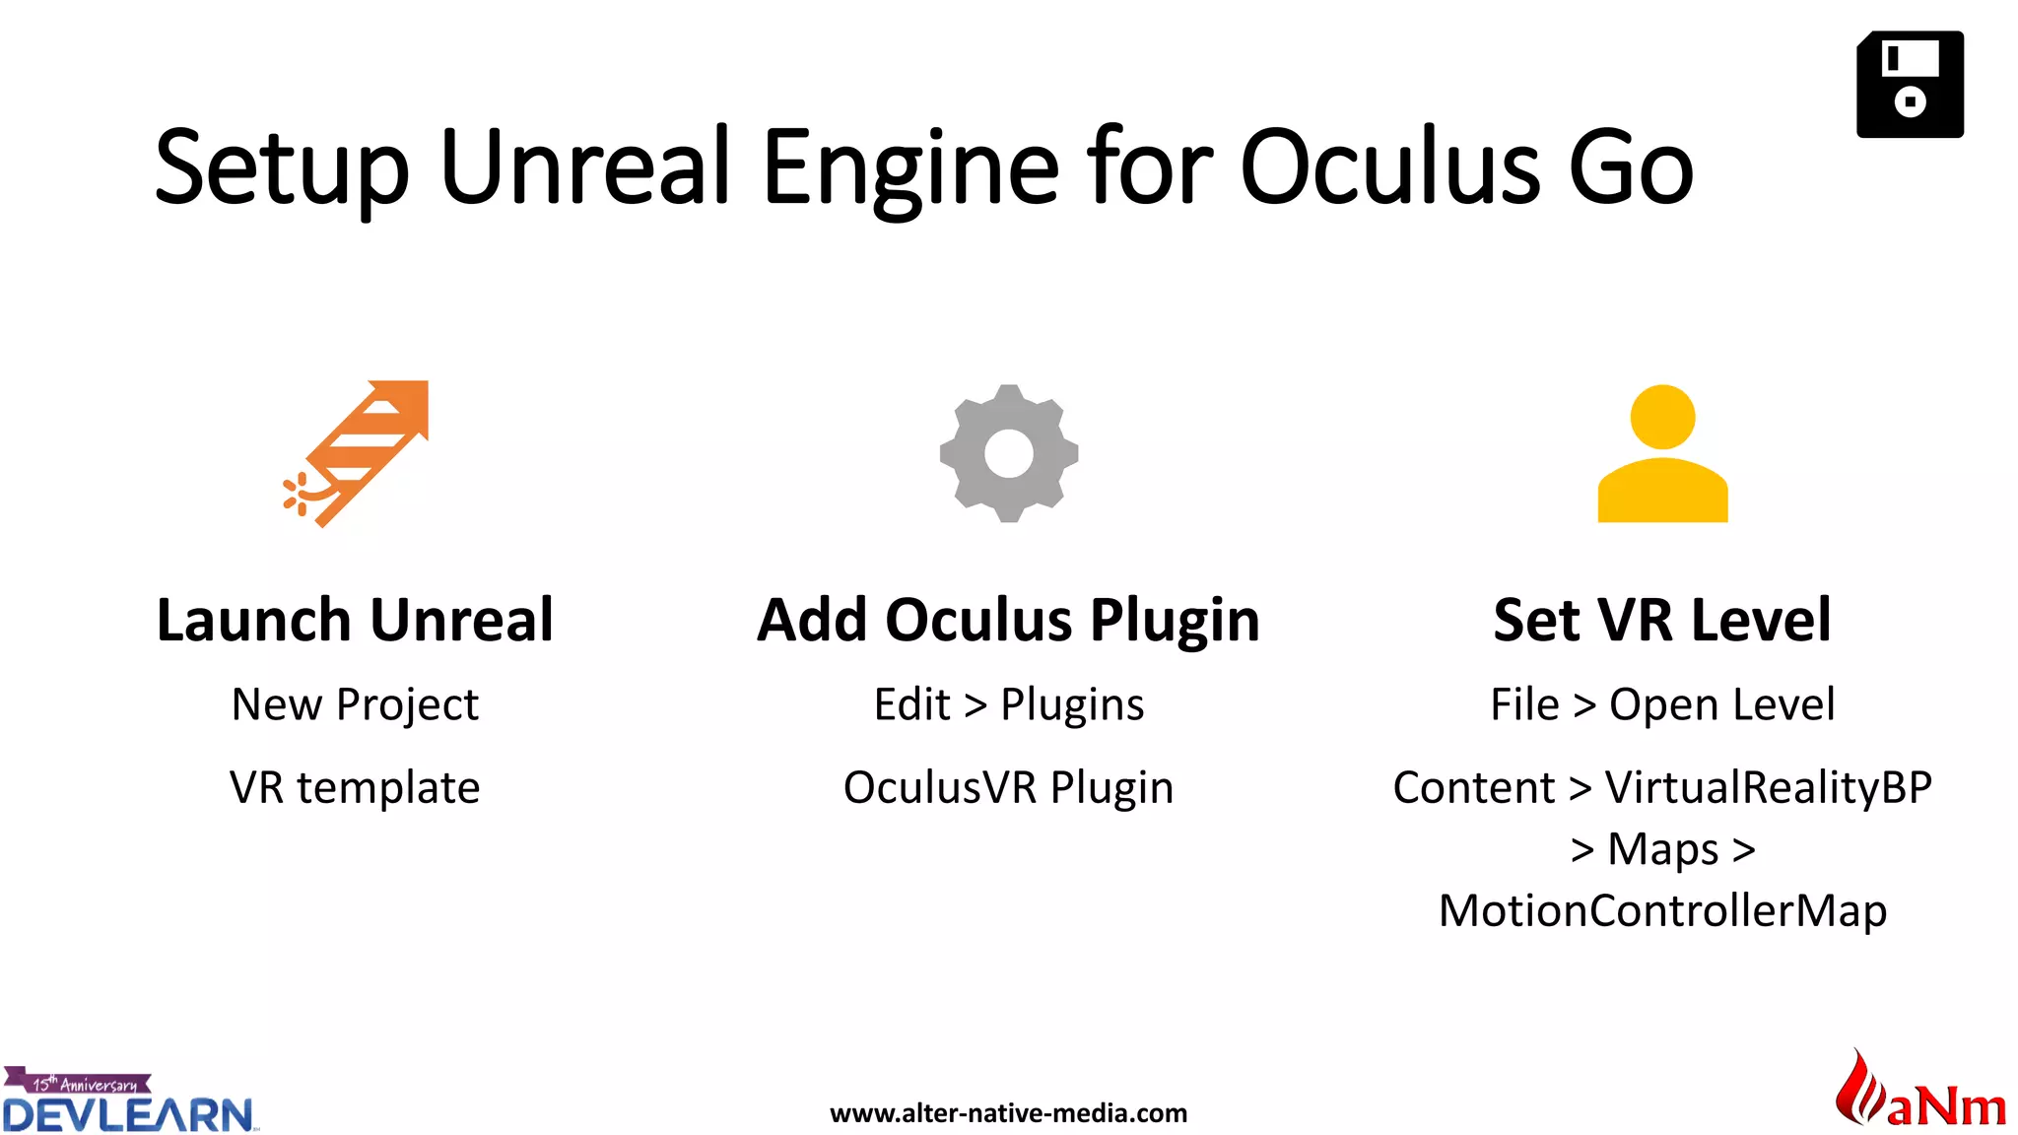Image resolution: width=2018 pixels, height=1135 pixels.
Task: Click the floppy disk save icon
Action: click(x=1910, y=85)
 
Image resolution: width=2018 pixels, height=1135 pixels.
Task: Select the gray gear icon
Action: click(x=1009, y=453)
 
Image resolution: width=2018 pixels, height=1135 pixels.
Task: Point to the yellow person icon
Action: click(x=1662, y=453)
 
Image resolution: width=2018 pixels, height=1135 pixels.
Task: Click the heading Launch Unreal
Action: click(x=355, y=621)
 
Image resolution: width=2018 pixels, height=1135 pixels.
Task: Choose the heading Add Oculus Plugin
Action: click(x=1008, y=621)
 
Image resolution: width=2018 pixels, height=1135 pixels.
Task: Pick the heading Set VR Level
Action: click(x=1662, y=621)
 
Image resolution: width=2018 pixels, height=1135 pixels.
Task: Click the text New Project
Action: click(x=355, y=705)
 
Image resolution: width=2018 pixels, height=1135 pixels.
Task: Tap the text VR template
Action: click(x=355, y=788)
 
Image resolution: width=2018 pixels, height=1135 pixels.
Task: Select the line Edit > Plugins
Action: click(x=1009, y=705)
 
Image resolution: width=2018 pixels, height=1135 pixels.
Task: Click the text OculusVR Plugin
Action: click(x=1008, y=788)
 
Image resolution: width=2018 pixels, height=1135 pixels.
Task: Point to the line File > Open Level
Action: click(x=1662, y=705)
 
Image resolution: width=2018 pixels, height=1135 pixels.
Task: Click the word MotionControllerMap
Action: click(x=1662, y=910)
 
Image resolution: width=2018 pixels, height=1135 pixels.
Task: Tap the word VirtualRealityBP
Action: click(x=1768, y=788)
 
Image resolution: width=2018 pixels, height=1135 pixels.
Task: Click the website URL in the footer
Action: click(x=1008, y=1113)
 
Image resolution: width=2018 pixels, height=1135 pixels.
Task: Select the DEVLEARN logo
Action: click(x=128, y=1102)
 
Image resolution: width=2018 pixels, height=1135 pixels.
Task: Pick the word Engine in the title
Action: click(x=911, y=167)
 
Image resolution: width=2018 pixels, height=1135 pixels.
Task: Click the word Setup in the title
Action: click(x=281, y=167)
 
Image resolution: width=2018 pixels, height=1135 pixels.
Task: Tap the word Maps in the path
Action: click(x=1662, y=849)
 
